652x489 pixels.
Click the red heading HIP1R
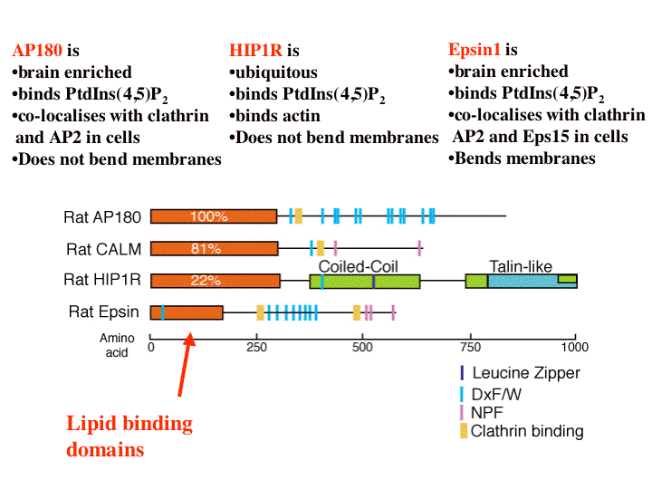256,51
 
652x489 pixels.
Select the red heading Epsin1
475,50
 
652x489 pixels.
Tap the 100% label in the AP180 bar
208,216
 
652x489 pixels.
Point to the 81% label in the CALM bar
207,248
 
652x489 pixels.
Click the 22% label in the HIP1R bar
206,280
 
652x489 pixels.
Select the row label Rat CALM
103,248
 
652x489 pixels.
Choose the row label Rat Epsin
104,312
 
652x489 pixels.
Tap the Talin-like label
520,266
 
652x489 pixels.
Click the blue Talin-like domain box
523,282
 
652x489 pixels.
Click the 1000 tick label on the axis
574,346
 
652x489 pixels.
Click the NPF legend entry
487,412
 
